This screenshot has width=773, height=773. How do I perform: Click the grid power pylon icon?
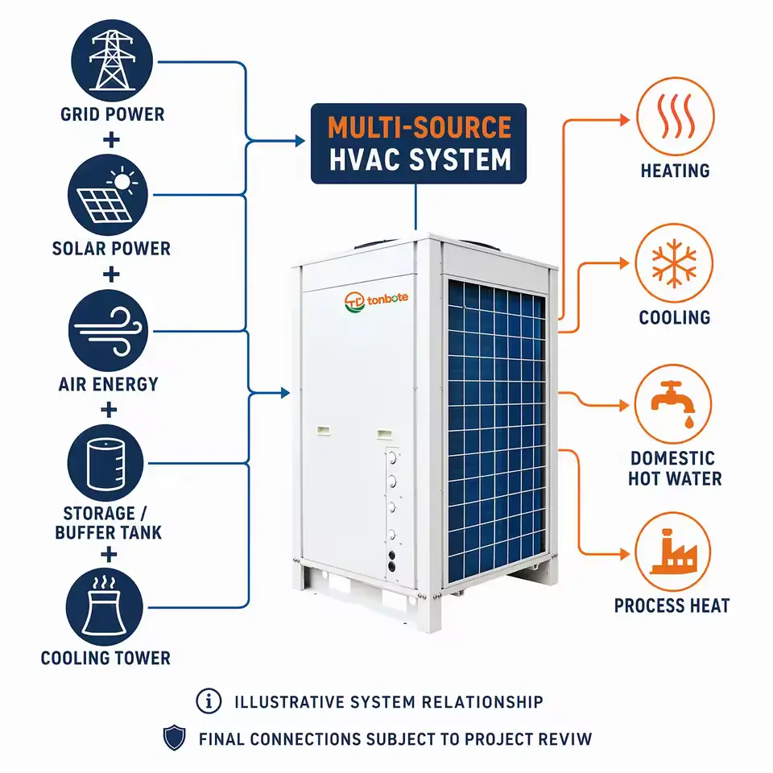click(112, 60)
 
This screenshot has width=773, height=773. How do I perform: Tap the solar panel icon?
click(108, 195)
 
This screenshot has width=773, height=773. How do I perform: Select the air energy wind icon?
click(108, 330)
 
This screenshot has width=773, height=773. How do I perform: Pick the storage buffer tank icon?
click(105, 463)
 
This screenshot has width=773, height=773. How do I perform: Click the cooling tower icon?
click(105, 607)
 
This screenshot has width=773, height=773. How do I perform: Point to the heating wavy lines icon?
click(676, 116)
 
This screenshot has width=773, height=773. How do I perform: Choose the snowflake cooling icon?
click(674, 262)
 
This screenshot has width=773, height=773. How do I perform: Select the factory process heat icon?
click(673, 552)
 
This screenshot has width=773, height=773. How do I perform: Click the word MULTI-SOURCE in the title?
click(420, 128)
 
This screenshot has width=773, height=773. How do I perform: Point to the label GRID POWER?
click(113, 114)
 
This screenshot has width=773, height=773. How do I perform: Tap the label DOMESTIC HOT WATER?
click(675, 469)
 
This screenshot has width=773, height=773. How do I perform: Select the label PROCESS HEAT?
click(672, 606)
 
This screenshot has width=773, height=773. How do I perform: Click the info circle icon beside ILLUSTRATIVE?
click(209, 701)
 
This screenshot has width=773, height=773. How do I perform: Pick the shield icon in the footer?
click(174, 738)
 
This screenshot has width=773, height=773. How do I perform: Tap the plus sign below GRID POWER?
click(111, 139)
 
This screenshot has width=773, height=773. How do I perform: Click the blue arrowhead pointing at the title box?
click(300, 141)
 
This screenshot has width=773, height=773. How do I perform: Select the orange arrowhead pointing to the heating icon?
click(625, 120)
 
